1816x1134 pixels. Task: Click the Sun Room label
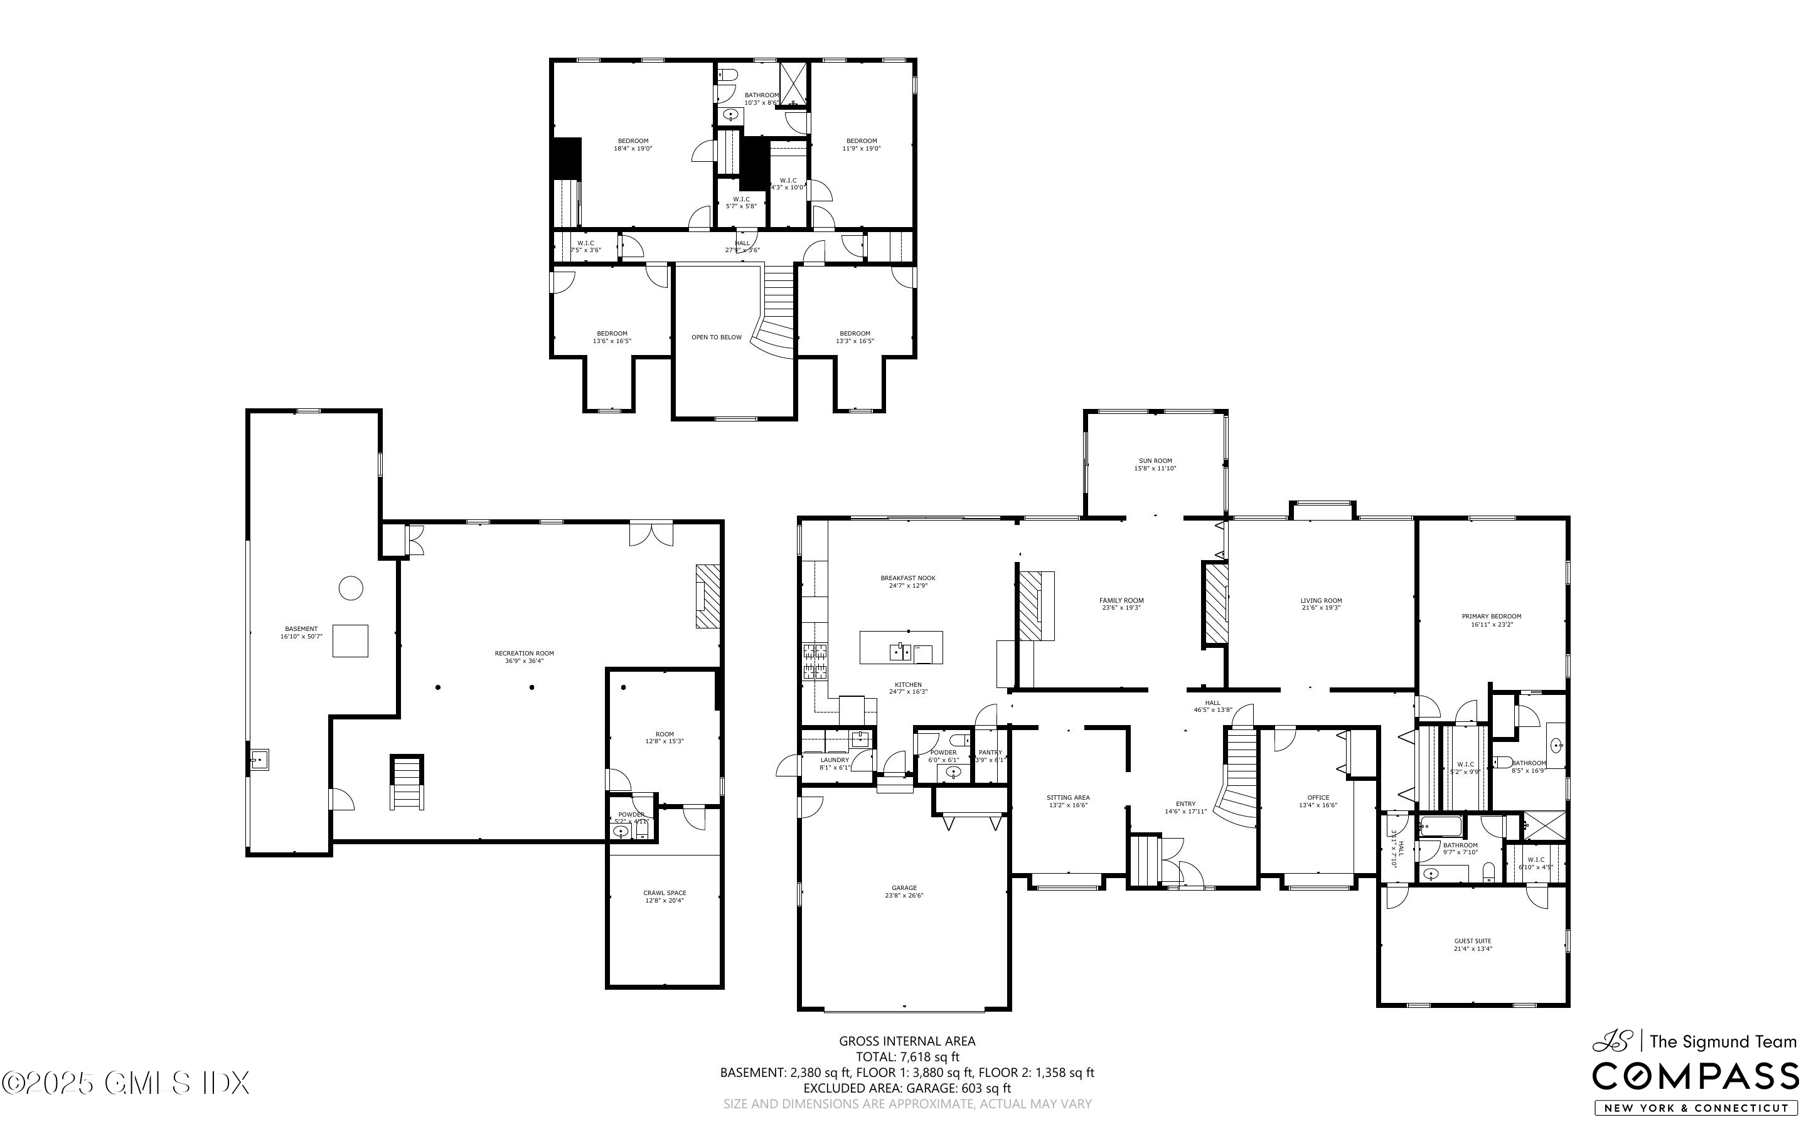click(x=1155, y=464)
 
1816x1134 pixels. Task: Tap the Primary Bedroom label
click(x=1491, y=620)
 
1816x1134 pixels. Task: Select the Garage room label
click(x=904, y=891)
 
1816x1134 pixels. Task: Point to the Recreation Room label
click(x=525, y=656)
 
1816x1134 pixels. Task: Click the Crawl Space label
click(x=665, y=896)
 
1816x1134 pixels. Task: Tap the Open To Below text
click(x=717, y=337)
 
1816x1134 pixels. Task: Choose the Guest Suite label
click(x=1473, y=944)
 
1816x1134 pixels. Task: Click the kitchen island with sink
click(x=901, y=647)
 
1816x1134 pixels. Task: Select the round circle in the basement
click(x=350, y=588)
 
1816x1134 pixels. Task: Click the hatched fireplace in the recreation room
click(x=707, y=596)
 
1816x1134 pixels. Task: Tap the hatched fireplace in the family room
click(x=1030, y=605)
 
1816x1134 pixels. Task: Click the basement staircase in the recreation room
click(x=407, y=782)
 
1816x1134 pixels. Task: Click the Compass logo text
click(x=1696, y=1077)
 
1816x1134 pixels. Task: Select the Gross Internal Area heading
click(x=907, y=1041)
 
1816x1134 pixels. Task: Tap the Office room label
click(x=1318, y=801)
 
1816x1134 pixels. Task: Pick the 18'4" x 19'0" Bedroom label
click(x=633, y=145)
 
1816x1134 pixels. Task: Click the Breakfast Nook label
click(x=907, y=581)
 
